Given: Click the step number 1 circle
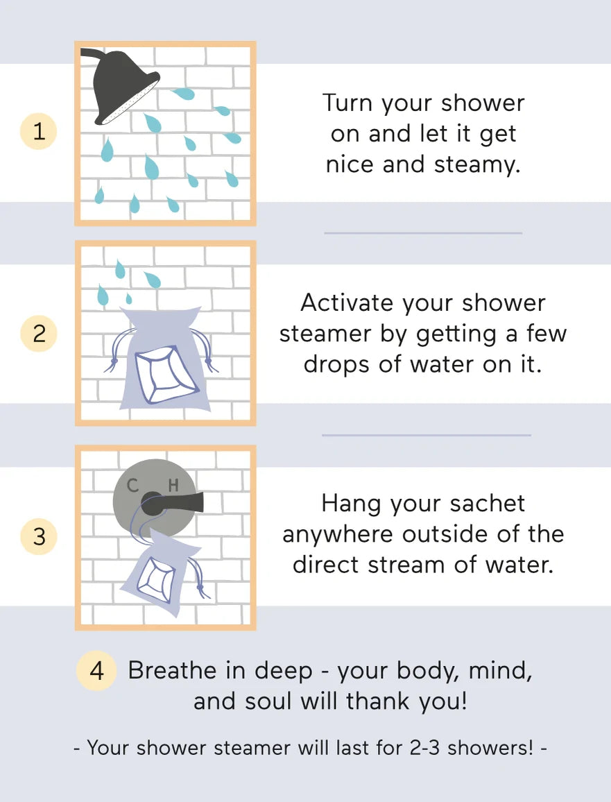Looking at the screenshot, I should tap(39, 132).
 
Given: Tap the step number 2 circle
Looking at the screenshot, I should tap(39, 334).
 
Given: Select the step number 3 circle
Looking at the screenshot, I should tap(39, 536).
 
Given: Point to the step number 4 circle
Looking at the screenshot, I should tap(97, 672).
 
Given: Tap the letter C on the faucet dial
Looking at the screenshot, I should tap(132, 486).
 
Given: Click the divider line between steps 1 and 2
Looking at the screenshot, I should tap(423, 233).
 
